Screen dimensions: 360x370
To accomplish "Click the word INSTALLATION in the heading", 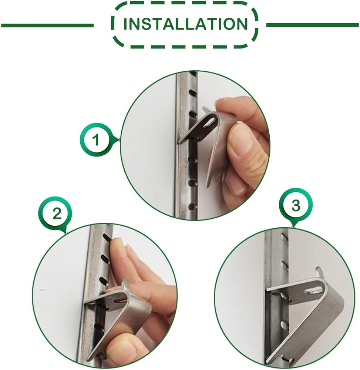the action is tap(185, 24).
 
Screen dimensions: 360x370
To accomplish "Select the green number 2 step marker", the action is tap(56, 214).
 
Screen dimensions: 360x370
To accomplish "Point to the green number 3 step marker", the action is tap(296, 205).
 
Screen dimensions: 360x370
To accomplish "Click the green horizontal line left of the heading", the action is tap(47, 25).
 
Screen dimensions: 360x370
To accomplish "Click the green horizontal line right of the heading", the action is tap(313, 25).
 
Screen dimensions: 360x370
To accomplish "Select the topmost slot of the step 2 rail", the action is tap(107, 238).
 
